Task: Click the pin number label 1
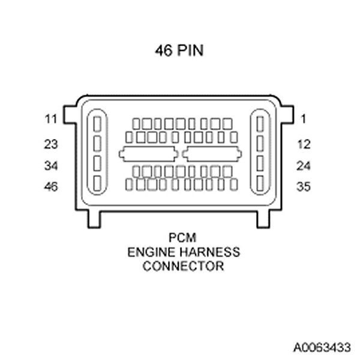tap(304, 119)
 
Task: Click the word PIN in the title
tap(191, 52)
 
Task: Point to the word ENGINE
tap(146, 252)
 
